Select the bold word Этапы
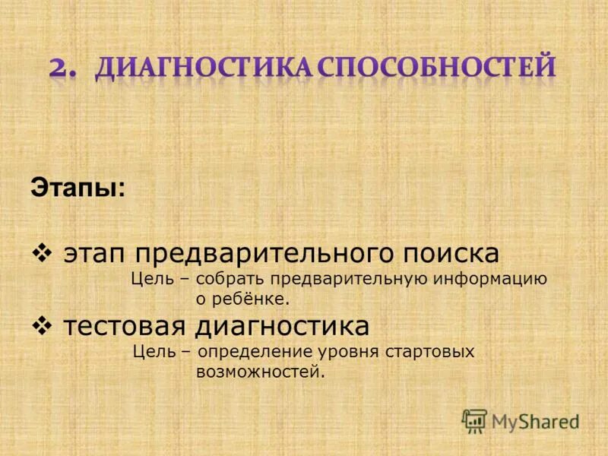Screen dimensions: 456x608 click(x=75, y=187)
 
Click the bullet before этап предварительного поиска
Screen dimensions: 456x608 click(x=43, y=252)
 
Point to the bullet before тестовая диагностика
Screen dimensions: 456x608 click(x=43, y=325)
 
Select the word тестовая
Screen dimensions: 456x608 click(x=126, y=326)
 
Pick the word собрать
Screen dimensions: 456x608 click(x=236, y=278)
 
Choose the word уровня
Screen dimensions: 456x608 click(x=359, y=352)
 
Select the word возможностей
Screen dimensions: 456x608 click(x=260, y=372)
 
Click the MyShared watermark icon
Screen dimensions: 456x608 click(x=475, y=421)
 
